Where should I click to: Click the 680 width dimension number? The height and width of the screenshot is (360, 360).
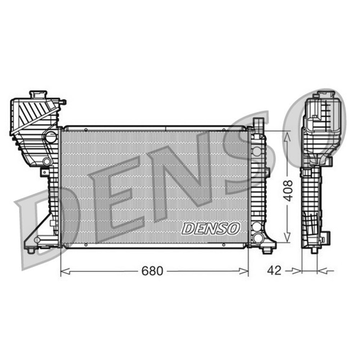152,271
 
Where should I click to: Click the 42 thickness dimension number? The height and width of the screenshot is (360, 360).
274,271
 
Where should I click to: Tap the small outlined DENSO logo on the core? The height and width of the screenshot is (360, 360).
211,229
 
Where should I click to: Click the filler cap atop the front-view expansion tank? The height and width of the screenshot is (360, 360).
39,95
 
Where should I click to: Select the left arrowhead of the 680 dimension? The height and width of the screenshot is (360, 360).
65,271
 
